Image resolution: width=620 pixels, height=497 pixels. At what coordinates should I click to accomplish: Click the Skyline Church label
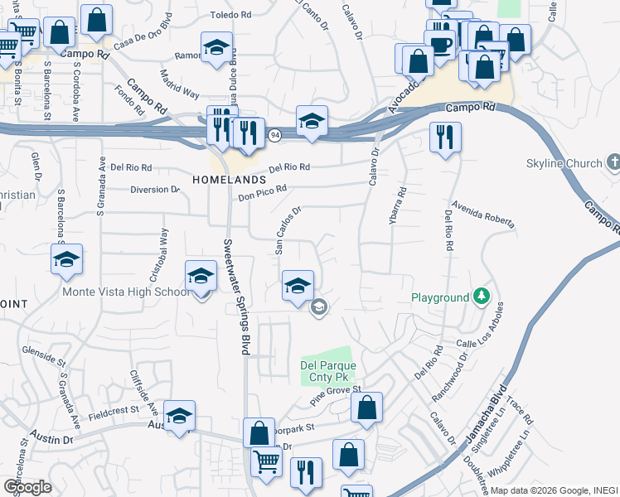coord(564,163)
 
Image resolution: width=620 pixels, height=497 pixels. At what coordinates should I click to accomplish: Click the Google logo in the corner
coord(27,486)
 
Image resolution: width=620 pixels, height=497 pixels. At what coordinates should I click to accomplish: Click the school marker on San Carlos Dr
coord(298,287)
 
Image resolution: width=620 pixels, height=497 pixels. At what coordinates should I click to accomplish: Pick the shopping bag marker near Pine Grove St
coord(366,408)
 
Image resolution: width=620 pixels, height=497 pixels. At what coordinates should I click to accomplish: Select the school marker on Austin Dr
coord(178,416)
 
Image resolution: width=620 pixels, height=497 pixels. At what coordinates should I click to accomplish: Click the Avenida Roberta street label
coord(483,214)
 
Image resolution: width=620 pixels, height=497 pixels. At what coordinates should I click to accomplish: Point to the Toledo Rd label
coord(230,15)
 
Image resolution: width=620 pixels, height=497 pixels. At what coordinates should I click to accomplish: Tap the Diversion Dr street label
coord(155,190)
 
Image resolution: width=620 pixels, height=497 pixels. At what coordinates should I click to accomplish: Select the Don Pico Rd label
coord(262,193)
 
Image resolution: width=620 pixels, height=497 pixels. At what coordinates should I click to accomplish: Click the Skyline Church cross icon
coord(613,162)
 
